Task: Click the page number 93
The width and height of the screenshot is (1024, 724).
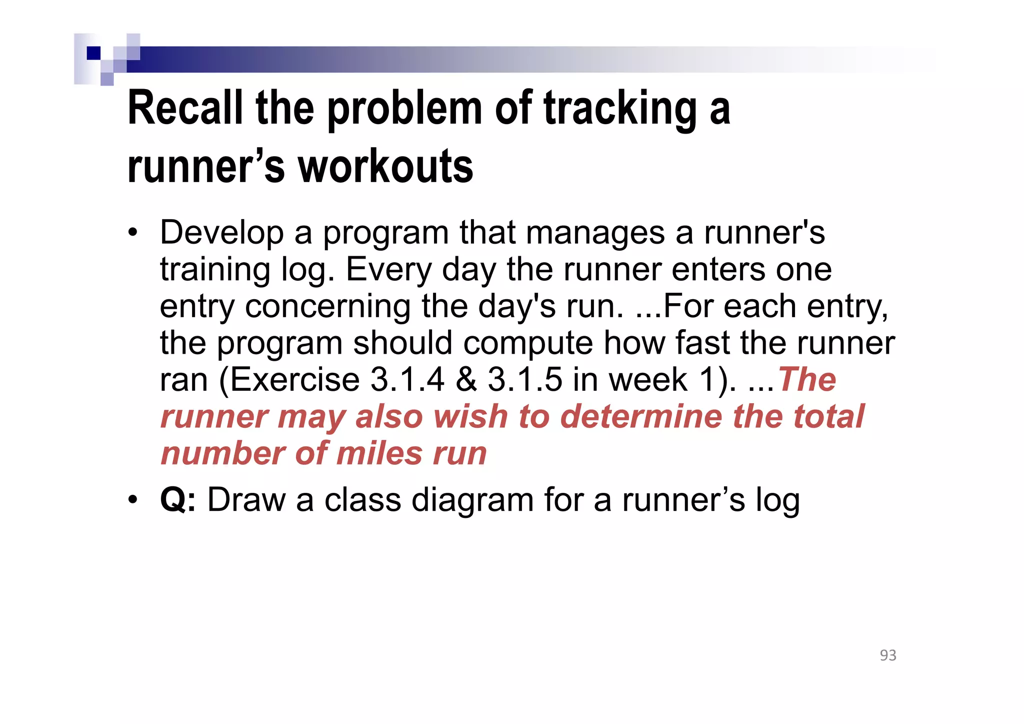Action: pos(888,655)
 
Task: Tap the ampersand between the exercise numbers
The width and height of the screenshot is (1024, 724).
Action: pos(466,379)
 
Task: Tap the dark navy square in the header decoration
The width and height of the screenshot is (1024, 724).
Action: pos(93,53)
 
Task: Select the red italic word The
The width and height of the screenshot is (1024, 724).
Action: pos(806,379)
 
